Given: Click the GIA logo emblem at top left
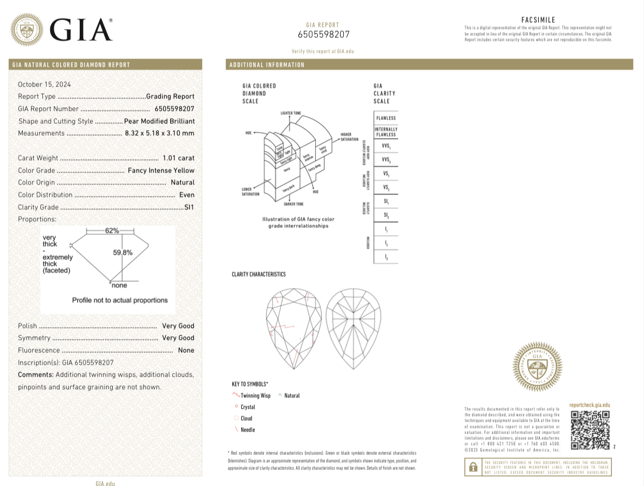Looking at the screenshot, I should [27, 30].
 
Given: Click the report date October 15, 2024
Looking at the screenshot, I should [45, 84].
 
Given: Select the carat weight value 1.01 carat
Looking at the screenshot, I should [178, 158].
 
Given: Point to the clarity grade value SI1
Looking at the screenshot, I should [189, 207].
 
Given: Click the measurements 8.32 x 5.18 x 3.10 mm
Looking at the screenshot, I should [159, 133].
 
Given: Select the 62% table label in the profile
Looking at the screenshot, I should [112, 231].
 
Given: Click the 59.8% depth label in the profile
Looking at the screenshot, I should [123, 253].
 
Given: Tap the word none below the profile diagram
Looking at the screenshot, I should [119, 285].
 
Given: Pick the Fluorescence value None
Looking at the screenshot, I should [186, 350].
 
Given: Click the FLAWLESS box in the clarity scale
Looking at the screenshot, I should [386, 118].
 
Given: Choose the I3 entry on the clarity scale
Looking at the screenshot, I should [386, 257].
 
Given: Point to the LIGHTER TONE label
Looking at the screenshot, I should [290, 113].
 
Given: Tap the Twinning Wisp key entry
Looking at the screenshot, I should [255, 395].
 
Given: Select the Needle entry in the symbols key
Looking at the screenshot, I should [247, 430].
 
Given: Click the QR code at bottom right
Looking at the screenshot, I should [590, 430].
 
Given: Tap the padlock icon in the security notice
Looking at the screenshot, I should [473, 467].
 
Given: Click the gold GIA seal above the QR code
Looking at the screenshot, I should [537, 367].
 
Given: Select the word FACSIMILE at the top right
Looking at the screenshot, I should [538, 20].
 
